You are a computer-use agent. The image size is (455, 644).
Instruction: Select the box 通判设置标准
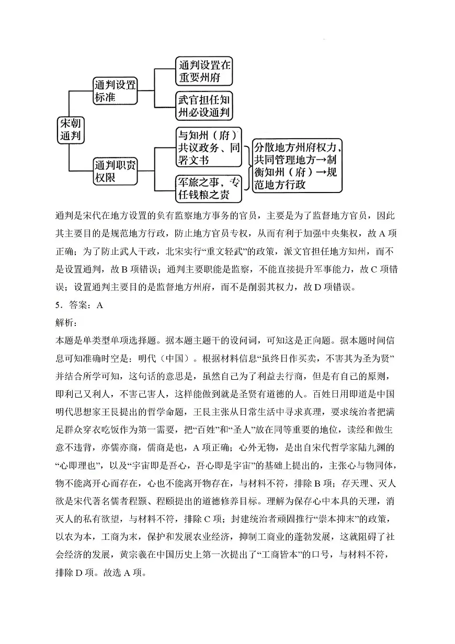115,91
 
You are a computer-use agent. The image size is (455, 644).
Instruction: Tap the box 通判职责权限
115,171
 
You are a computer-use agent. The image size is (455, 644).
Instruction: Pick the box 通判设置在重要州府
203,72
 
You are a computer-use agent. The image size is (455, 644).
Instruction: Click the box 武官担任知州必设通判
203,107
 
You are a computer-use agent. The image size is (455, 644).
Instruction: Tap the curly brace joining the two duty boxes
246,165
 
